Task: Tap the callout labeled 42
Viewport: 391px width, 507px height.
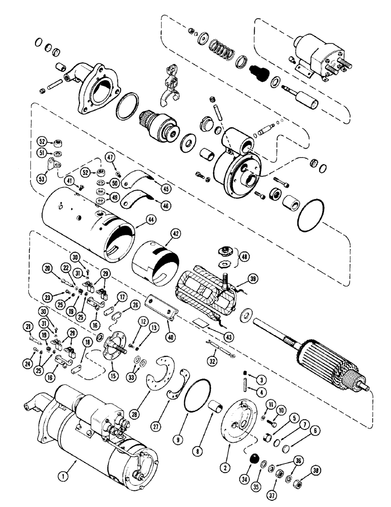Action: click(175, 235)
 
